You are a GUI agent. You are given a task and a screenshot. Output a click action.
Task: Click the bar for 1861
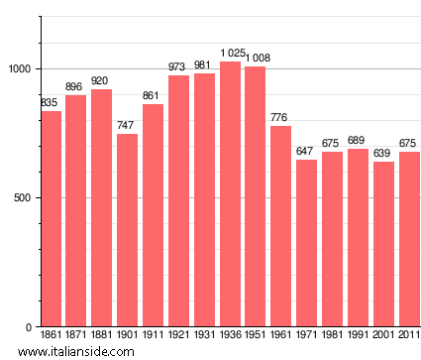click(52, 219)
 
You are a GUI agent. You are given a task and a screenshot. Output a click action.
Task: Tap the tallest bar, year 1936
click(230, 194)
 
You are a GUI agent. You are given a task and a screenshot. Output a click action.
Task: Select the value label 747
click(127, 126)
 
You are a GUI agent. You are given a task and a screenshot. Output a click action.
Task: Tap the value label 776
click(281, 118)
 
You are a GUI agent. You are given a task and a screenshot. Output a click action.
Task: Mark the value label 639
click(383, 154)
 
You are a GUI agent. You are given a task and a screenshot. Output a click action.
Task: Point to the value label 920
click(101, 81)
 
